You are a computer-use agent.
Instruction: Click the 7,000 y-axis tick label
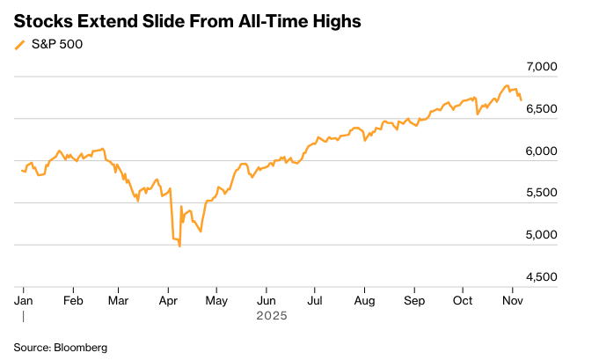point(566,67)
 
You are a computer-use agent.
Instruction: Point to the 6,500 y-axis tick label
point(566,109)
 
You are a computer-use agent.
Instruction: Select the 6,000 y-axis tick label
point(566,151)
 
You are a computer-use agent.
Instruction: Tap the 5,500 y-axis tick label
point(566,193)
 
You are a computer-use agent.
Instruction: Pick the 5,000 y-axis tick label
point(566,235)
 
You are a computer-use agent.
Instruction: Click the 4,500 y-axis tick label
point(566,277)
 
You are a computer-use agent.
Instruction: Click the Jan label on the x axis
point(24,300)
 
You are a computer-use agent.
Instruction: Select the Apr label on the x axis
point(168,300)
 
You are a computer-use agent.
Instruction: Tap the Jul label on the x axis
point(315,300)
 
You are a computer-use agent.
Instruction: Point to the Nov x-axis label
point(513,300)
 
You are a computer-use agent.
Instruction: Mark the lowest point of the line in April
point(180,246)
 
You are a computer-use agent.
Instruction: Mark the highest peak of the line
point(506,85)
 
